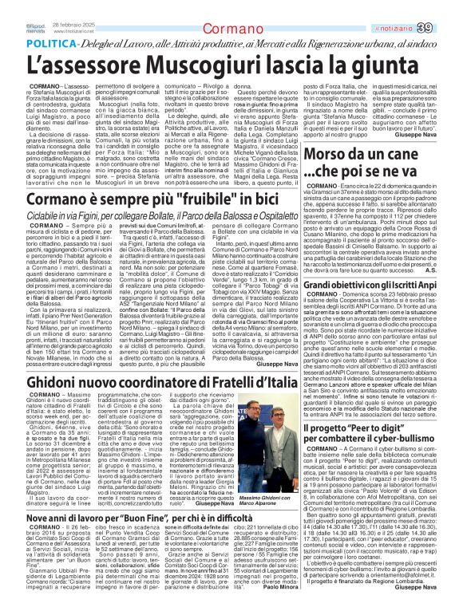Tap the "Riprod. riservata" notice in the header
coord(12,8)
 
